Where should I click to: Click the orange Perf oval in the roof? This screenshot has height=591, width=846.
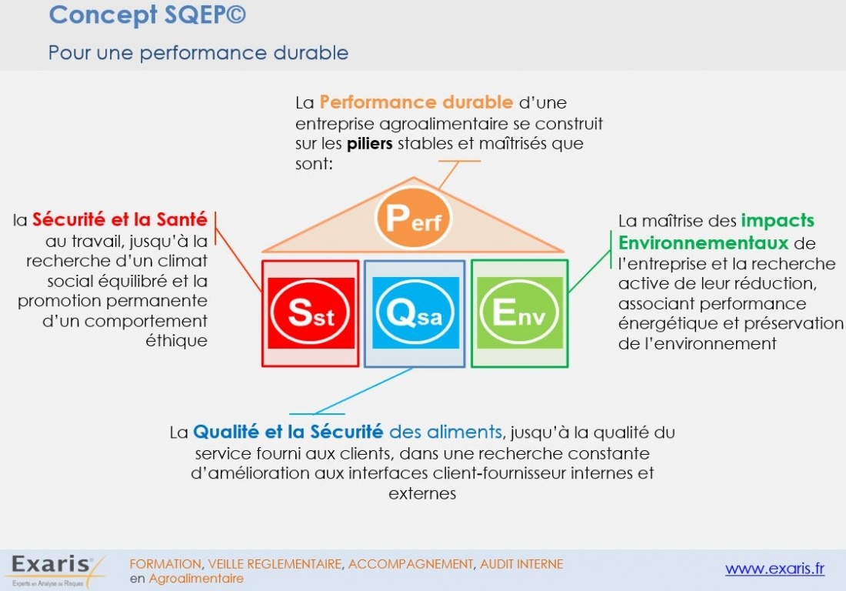(413, 218)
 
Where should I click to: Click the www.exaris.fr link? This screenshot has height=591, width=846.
(774, 569)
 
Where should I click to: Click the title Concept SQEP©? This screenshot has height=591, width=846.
(147, 15)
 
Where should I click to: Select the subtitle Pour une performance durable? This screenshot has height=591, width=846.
(198, 53)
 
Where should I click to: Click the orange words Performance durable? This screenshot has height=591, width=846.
(416, 102)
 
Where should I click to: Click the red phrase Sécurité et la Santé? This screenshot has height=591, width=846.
(120, 220)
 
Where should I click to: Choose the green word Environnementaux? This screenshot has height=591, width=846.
(704, 243)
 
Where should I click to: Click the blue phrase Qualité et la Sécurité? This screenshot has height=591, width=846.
(288, 432)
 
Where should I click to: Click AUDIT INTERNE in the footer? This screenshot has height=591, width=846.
(521, 564)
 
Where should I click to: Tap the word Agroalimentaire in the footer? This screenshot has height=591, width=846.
(196, 579)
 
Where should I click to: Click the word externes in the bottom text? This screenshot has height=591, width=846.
(422, 493)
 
